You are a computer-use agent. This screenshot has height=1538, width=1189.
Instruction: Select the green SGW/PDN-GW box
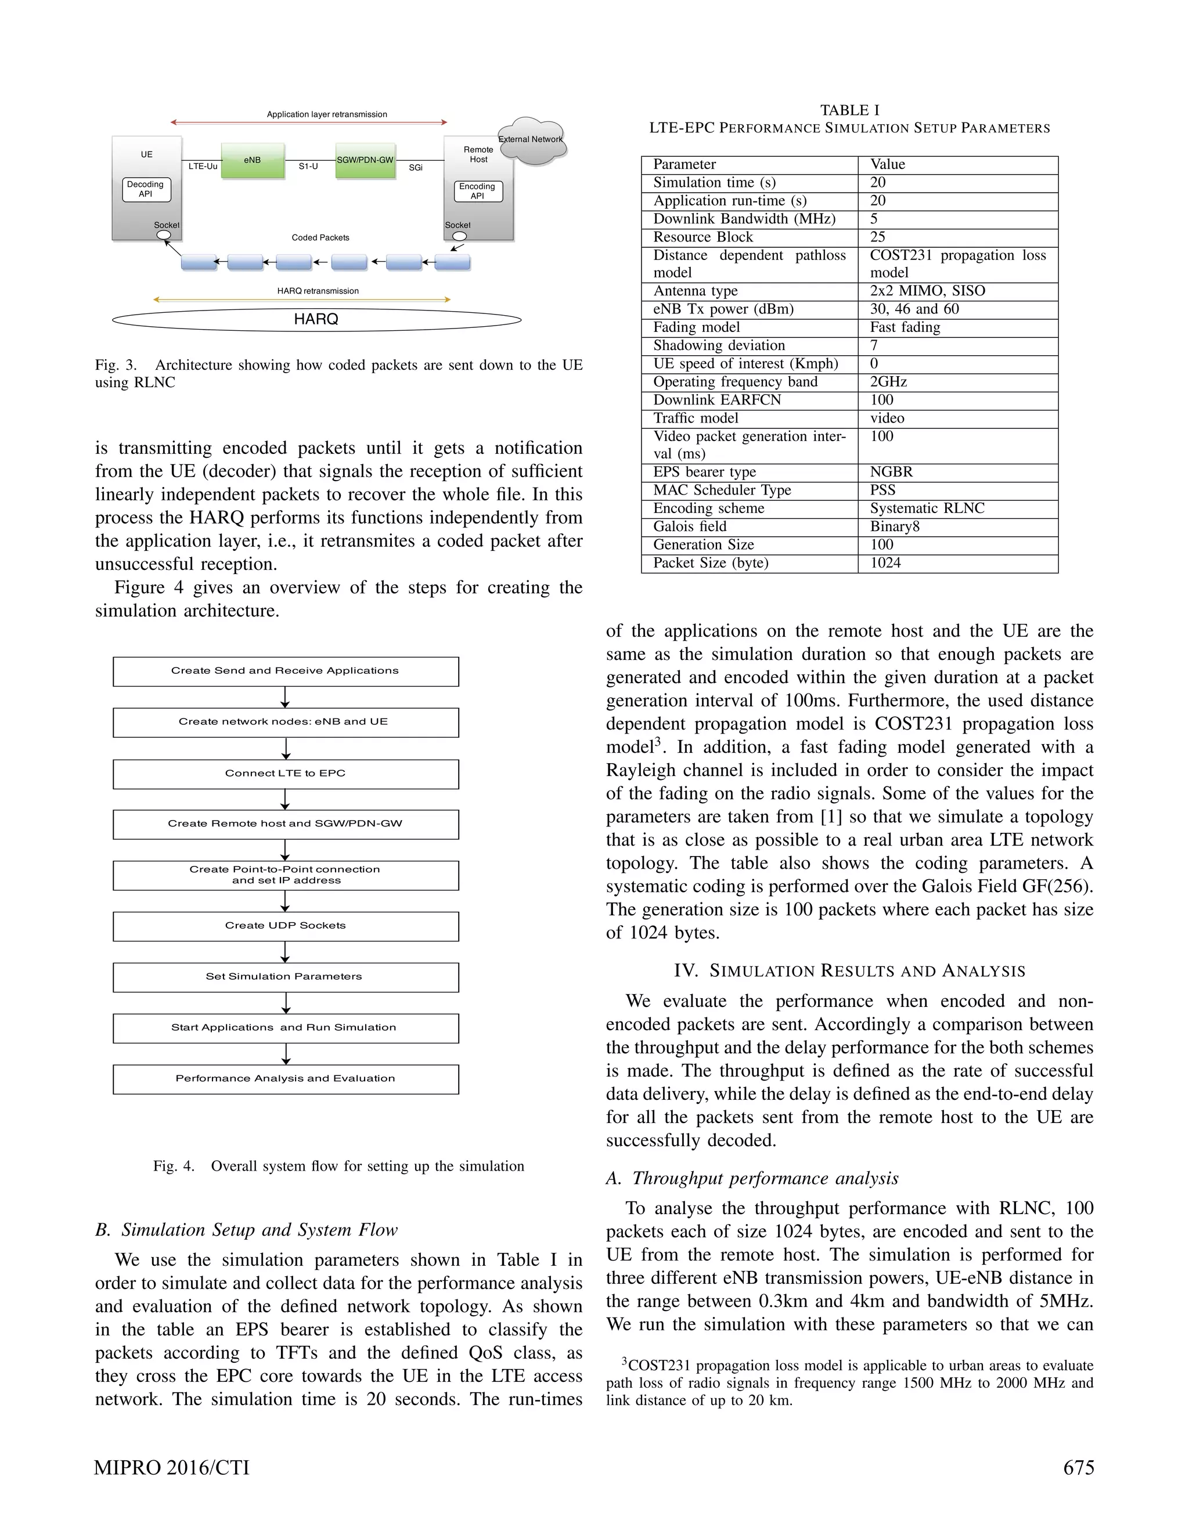[x=365, y=161]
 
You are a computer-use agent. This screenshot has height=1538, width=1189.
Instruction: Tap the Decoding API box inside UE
[x=146, y=189]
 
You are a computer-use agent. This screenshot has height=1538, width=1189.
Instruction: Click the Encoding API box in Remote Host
[x=478, y=192]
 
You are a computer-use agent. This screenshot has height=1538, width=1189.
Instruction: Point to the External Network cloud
[x=532, y=140]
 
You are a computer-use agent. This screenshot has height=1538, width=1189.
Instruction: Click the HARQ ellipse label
[x=316, y=320]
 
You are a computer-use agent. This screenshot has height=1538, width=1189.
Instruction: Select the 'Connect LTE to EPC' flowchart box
[x=285, y=774]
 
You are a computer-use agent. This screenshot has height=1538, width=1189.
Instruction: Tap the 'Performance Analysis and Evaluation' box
[x=285, y=1079]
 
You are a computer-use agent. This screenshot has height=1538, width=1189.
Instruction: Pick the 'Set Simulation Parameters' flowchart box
[x=285, y=977]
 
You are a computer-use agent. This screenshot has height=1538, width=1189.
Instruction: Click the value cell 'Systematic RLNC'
[x=927, y=508]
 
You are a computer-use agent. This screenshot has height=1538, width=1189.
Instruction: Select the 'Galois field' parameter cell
[x=690, y=527]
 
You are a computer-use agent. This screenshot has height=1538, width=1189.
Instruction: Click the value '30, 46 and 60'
[x=914, y=309]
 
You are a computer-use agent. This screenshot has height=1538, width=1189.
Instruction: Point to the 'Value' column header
[x=888, y=165]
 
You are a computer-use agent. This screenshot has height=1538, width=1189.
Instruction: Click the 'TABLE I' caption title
[x=849, y=110]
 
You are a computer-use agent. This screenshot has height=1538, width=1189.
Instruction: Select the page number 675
[x=1079, y=1468]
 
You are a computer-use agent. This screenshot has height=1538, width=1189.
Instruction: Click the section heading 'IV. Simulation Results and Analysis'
[x=849, y=971]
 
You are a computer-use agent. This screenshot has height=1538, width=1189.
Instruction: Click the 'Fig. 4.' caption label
[x=173, y=1166]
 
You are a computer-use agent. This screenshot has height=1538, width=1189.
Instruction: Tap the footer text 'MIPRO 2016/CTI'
[x=172, y=1468]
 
